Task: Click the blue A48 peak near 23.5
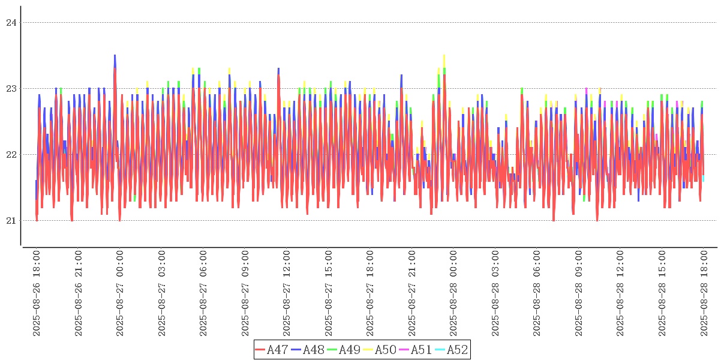[115, 56]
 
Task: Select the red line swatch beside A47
[260, 349]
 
